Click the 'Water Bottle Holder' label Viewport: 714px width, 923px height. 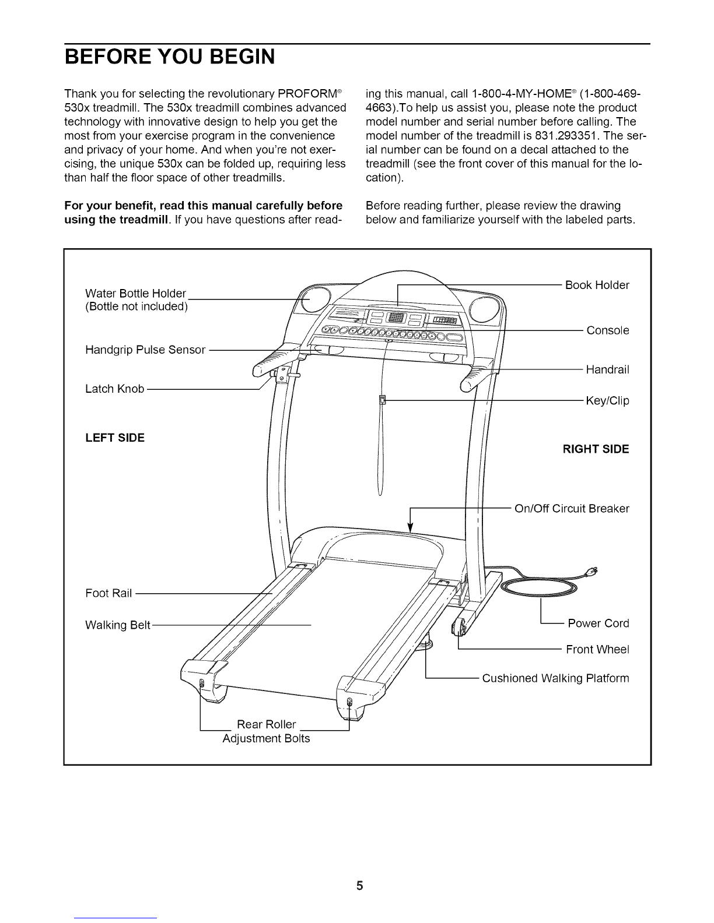(x=135, y=293)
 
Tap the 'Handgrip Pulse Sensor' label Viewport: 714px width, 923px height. (x=145, y=350)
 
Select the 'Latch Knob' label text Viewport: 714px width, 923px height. (x=114, y=389)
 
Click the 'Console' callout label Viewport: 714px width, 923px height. (x=608, y=330)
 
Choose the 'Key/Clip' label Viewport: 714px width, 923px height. (x=607, y=401)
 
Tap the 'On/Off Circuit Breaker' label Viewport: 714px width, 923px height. (x=572, y=508)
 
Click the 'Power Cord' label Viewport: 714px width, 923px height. (x=598, y=623)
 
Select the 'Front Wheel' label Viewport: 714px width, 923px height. (x=597, y=650)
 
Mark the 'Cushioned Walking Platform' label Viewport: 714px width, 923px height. (x=555, y=678)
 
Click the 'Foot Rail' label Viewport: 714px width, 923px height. (x=109, y=593)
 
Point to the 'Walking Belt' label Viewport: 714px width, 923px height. (x=118, y=625)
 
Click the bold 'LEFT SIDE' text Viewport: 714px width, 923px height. (x=115, y=437)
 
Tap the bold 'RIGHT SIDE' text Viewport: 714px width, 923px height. (x=596, y=449)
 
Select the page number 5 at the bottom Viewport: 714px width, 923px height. (x=359, y=870)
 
